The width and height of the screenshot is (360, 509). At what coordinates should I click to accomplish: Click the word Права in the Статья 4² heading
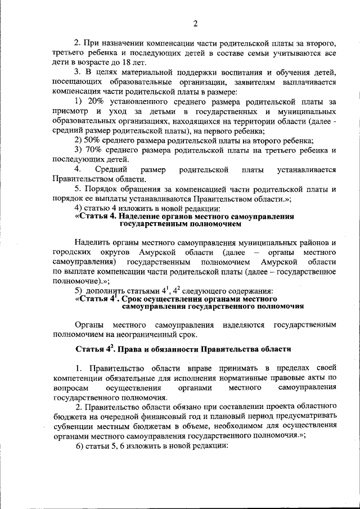pyautogui.click(x=133, y=349)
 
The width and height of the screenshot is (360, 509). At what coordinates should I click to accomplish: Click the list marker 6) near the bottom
pyautogui.click(x=81, y=445)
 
